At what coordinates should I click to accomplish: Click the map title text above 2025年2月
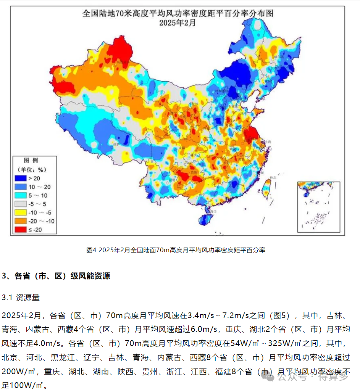(x=178, y=13)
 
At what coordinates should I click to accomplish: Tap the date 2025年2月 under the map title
(x=178, y=23)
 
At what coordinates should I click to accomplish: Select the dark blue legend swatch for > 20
(x=21, y=178)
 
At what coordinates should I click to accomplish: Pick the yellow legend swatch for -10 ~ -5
(x=21, y=212)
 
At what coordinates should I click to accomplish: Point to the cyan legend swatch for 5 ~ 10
(x=21, y=195)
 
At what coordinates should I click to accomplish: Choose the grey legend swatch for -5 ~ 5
(x=21, y=204)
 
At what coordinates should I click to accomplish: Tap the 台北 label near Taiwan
(x=273, y=178)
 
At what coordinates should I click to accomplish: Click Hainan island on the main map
(x=205, y=220)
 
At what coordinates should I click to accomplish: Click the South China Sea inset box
(x=318, y=207)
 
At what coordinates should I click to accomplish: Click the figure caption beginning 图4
(x=176, y=250)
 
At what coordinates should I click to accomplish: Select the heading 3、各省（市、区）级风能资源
(x=56, y=276)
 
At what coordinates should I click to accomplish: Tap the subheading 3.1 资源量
(x=21, y=298)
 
